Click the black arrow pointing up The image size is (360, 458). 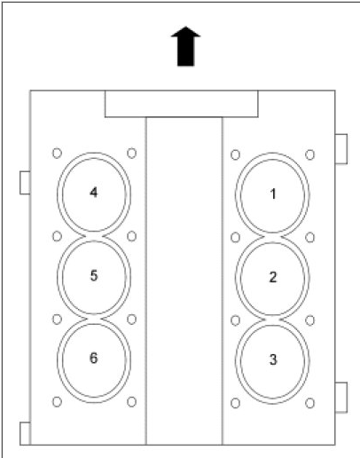(185, 46)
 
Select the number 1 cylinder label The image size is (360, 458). (273, 194)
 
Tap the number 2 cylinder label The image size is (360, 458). (272, 277)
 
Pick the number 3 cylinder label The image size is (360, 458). (272, 359)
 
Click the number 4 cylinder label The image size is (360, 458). (93, 193)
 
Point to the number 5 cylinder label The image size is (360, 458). (94, 275)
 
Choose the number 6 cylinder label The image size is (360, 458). (93, 358)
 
